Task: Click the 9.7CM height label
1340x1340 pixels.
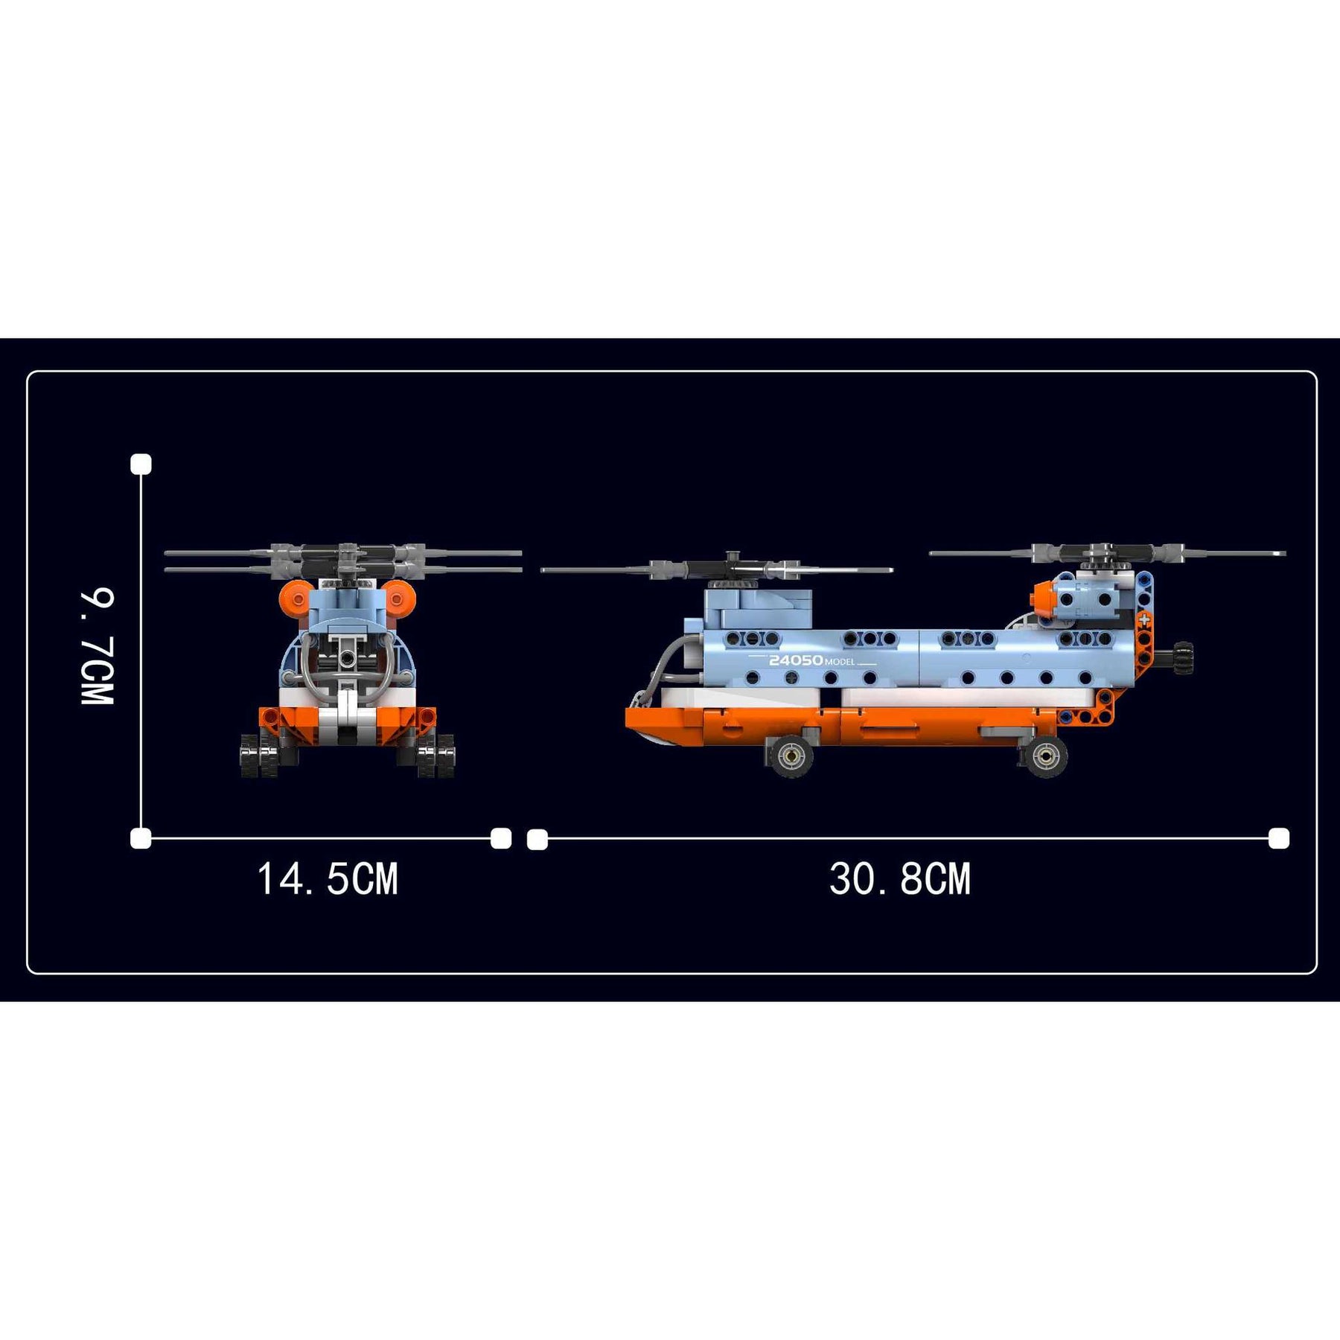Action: coord(98,646)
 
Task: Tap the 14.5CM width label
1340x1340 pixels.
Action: coord(328,878)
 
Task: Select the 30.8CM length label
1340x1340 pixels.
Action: coord(900,878)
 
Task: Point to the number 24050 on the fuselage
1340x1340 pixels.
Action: coord(796,660)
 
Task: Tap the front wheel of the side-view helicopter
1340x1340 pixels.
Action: coord(790,756)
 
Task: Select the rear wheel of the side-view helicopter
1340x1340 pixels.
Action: coord(1046,756)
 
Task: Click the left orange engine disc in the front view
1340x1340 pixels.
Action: coord(296,598)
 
